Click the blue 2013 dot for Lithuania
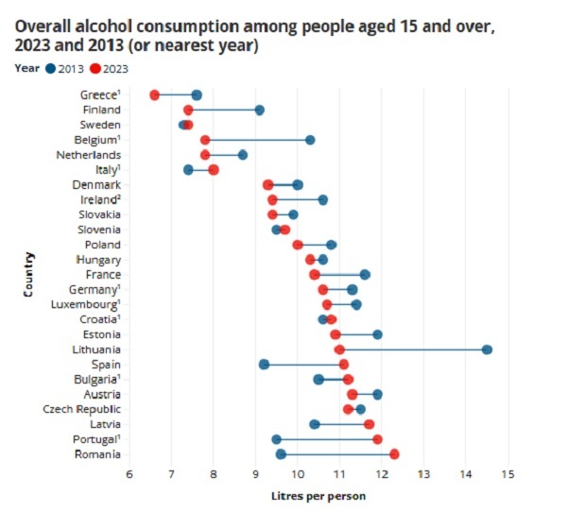(487, 350)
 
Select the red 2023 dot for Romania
(394, 454)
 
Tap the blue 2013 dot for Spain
(264, 365)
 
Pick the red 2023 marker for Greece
(155, 94)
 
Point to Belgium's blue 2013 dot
(310, 140)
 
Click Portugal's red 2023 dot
(377, 439)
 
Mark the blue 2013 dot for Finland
(259, 110)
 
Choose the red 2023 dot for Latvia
(369, 424)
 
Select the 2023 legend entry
(111, 68)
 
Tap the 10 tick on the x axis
(297, 473)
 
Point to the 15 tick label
(507, 473)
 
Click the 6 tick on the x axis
(129, 473)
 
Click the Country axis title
(30, 274)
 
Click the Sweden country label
(100, 125)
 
